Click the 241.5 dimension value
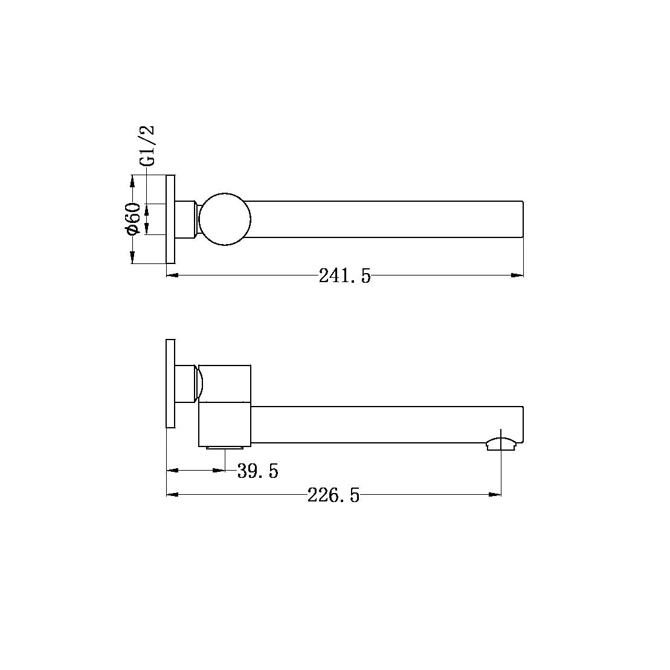[344, 276]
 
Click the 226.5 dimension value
[333, 496]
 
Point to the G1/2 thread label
[147, 146]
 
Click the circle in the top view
[225, 219]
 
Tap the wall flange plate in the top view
[170, 219]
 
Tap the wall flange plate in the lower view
[170, 383]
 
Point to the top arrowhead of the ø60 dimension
[132, 180]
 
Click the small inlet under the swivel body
[225, 448]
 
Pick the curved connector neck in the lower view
[198, 383]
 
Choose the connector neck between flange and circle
[187, 219]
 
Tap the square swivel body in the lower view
[225, 405]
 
